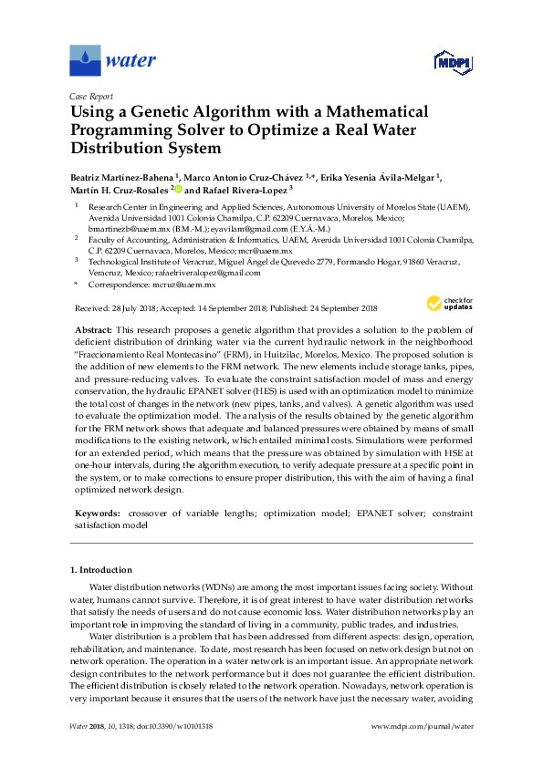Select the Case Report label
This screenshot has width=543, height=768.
[89, 95]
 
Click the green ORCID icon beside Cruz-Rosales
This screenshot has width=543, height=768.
[179, 191]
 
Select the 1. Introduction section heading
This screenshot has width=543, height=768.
[100, 570]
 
